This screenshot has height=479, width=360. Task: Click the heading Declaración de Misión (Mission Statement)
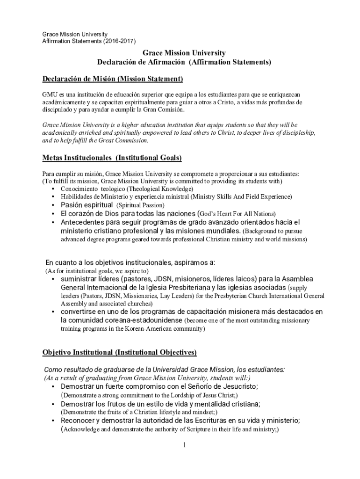(x=112, y=78)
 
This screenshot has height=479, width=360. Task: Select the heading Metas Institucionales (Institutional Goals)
(x=112, y=157)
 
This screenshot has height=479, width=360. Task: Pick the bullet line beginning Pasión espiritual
(x=112, y=205)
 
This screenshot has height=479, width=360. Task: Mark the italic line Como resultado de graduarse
(x=164, y=369)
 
